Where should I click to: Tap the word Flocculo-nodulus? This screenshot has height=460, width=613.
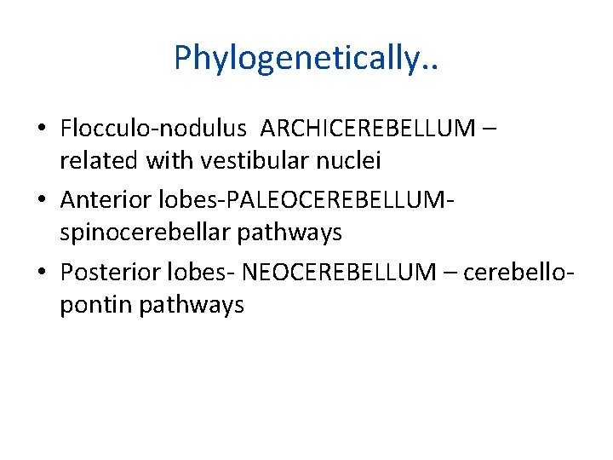coord(153,129)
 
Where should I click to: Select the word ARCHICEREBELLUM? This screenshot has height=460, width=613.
coord(368,129)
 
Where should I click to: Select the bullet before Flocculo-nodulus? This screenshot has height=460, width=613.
coord(42,129)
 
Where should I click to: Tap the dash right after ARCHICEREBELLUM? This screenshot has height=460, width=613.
coord(489,130)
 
